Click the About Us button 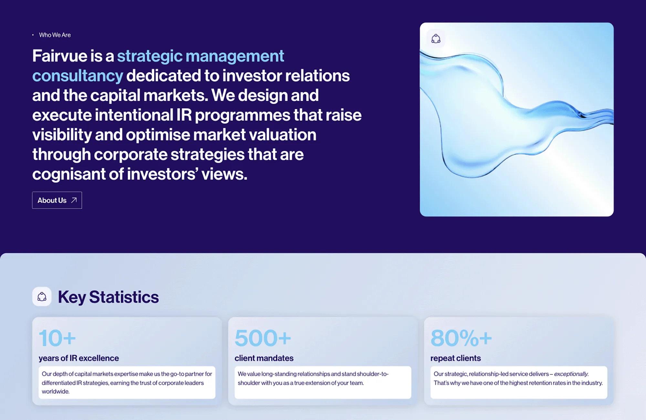click(57, 200)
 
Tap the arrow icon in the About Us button click(74, 200)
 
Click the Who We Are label click(55, 35)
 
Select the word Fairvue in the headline click(60, 56)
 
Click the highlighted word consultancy click(78, 76)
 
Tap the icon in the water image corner click(436, 39)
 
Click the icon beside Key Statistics click(42, 296)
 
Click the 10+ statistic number click(57, 338)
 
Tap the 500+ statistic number click(263, 338)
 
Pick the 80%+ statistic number click(461, 338)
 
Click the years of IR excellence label click(79, 358)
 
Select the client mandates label click(264, 358)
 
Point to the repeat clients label click(455, 358)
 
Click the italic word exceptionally click(571, 374)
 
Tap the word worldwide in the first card click(56, 392)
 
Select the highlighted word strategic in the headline click(150, 57)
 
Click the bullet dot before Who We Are click(33, 35)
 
